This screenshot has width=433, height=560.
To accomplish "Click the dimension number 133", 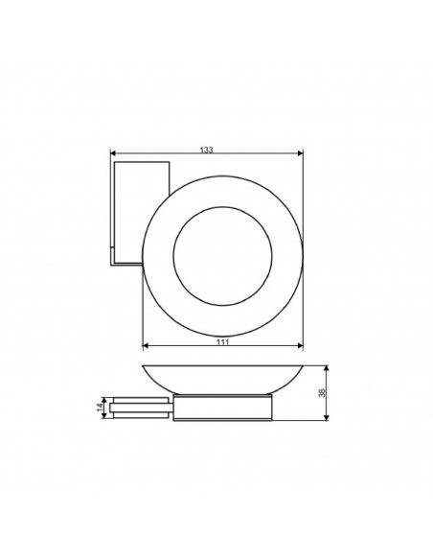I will [x=207, y=150].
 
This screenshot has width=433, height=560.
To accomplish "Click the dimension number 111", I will [x=222, y=340].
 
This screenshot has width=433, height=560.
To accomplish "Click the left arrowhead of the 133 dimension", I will [x=114, y=154].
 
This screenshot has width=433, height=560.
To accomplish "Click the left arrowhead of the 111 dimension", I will [x=145, y=345].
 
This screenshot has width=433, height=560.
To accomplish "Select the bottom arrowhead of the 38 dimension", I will [x=329, y=418].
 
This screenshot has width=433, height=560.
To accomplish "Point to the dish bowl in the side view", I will [x=222, y=380].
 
